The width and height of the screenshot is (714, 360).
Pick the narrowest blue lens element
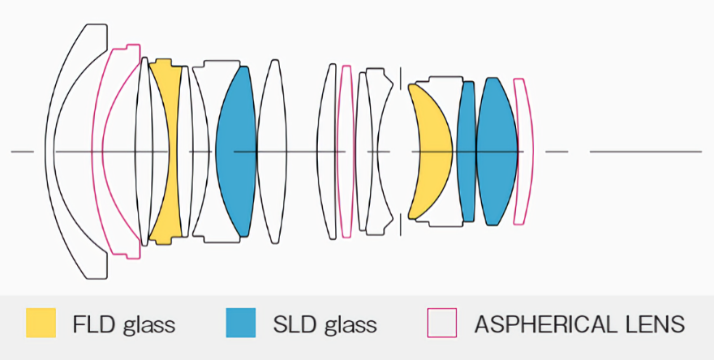(x=466, y=152)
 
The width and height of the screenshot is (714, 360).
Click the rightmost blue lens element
(x=497, y=152)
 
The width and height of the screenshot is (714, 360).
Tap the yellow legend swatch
(x=41, y=323)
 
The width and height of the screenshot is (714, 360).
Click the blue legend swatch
(x=240, y=323)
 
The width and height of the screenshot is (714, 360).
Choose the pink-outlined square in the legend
(x=441, y=323)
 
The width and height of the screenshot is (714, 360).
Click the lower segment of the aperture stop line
(x=400, y=223)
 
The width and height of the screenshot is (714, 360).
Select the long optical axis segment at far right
(x=645, y=152)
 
